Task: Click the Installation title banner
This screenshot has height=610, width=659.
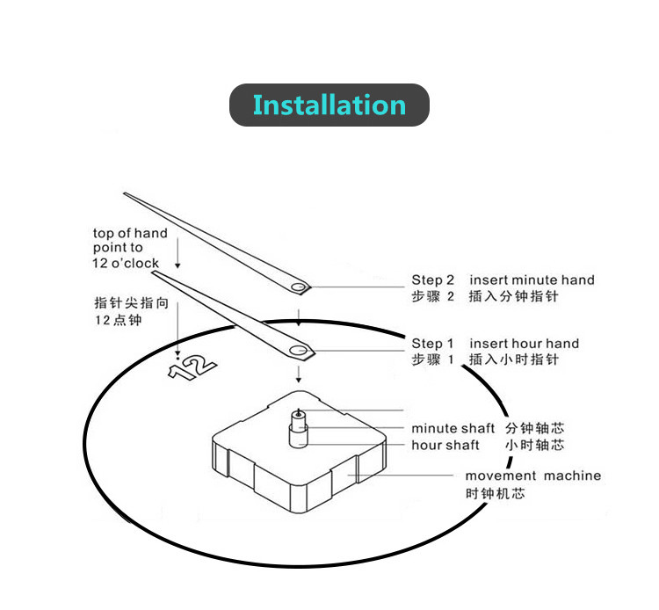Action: click(x=329, y=105)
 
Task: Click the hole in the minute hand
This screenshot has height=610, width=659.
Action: click(x=300, y=287)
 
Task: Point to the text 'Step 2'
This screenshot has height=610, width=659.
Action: click(x=433, y=280)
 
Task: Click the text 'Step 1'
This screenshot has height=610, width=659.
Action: click(x=433, y=344)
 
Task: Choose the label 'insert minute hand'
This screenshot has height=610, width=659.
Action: click(x=532, y=280)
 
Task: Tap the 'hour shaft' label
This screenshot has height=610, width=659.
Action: click(x=445, y=446)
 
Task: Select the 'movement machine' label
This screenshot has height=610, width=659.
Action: click(x=532, y=476)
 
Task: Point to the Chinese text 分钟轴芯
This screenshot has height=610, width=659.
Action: click(x=535, y=429)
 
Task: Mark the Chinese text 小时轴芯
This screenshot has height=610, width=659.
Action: click(x=535, y=446)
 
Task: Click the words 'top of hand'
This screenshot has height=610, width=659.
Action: click(x=130, y=233)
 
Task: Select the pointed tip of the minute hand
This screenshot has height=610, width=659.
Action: click(x=127, y=194)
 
